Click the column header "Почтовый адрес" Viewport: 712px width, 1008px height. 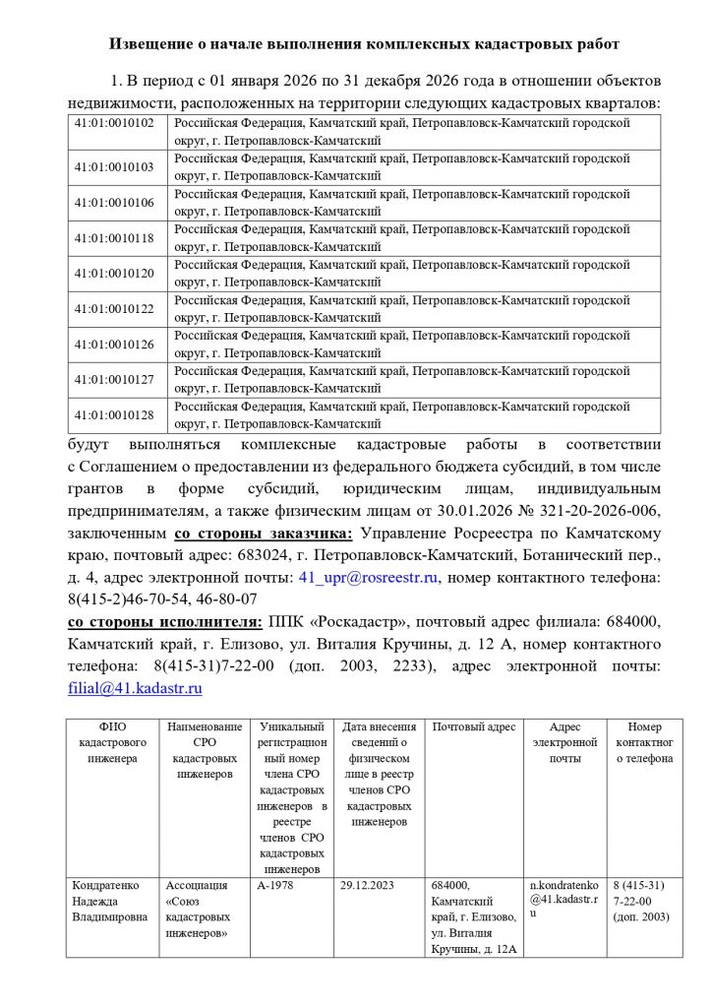474,727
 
